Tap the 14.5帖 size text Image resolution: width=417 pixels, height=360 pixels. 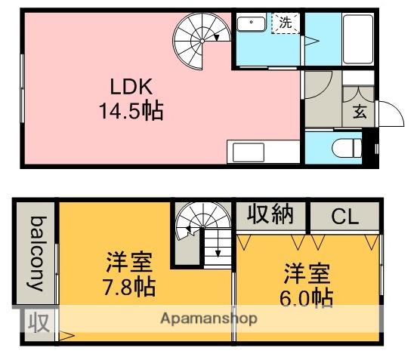(131, 112)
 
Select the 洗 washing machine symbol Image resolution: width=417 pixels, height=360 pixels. (285, 23)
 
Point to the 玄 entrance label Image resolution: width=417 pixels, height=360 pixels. (360, 113)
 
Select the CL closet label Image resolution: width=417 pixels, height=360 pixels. (344, 217)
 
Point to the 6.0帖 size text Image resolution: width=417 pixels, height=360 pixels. (307, 296)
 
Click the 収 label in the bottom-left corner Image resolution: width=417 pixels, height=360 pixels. (39, 323)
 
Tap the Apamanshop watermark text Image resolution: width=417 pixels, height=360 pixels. (209, 318)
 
